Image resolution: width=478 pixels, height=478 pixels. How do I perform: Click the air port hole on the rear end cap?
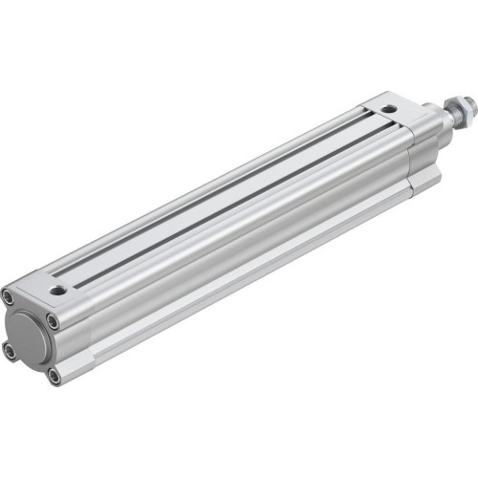(x=59, y=286)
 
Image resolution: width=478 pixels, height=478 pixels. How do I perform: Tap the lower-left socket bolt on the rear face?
(x=11, y=351)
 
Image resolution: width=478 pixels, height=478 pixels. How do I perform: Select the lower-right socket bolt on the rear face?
(x=54, y=376)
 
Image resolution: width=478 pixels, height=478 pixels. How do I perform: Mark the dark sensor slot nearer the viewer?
(x=239, y=201)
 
